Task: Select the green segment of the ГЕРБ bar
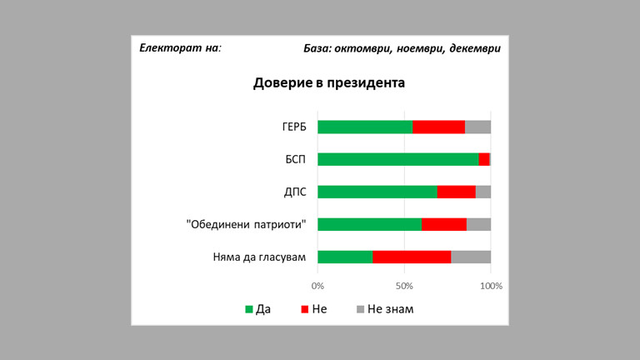pos(365,127)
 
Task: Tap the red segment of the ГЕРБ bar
pos(438,127)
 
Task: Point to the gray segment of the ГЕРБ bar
pos(477,127)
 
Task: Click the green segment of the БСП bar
pos(397,159)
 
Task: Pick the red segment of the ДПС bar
pos(456,192)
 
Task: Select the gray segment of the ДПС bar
pos(483,192)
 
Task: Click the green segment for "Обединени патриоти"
pos(369,224)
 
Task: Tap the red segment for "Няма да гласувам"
pos(412,257)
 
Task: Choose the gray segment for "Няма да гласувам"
pos(471,257)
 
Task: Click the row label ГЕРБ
pos(293,127)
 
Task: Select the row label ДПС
pos(295,192)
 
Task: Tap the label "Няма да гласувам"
pos(259,257)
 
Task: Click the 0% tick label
pos(317,286)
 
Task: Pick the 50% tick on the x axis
pos(404,286)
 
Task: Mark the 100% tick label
pos(491,286)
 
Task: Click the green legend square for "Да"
pos(248,309)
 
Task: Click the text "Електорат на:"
pos(181,47)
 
